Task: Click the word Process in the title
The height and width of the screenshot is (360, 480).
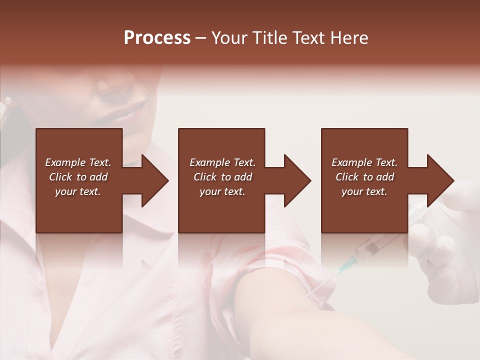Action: click(157, 38)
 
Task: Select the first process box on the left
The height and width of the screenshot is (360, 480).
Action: click(79, 210)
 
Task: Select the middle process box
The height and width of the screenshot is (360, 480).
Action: click(221, 210)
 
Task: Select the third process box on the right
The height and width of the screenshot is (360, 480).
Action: click(364, 210)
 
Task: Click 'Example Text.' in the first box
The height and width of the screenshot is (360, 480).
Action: click(78, 162)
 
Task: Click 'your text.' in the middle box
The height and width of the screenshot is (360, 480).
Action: click(222, 191)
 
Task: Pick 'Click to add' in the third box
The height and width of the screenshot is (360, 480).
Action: click(364, 177)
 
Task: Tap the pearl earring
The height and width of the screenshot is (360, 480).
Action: click(7, 100)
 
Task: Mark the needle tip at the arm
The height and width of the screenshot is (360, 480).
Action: click(303, 298)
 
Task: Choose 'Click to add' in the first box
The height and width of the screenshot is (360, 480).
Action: click(78, 177)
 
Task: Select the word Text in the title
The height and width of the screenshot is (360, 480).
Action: click(310, 38)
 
